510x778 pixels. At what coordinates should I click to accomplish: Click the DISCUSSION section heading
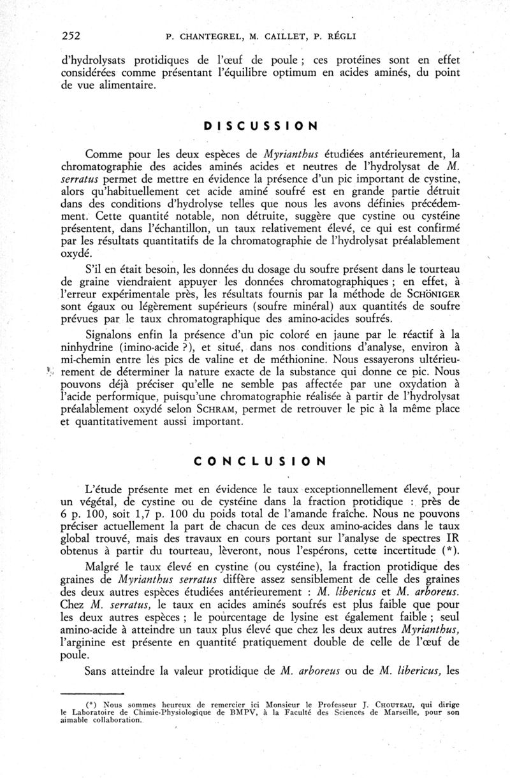[261, 126]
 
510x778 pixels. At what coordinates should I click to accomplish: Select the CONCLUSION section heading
[261, 461]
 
